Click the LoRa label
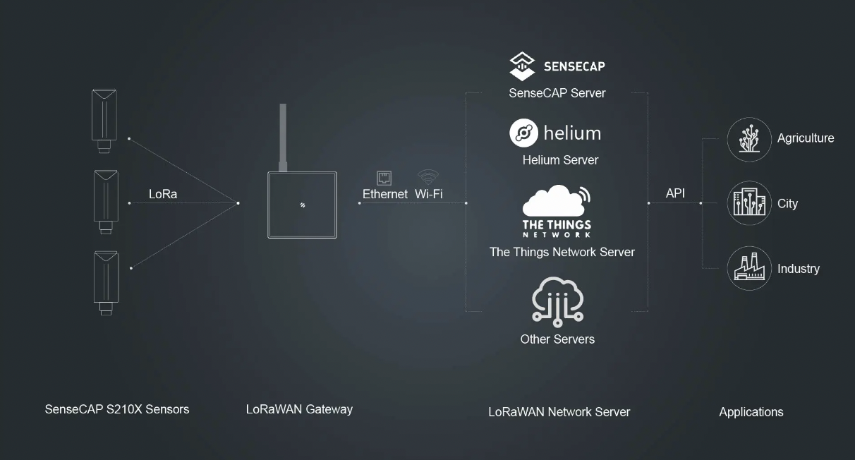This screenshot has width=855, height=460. (163, 194)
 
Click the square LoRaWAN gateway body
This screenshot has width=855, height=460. (302, 205)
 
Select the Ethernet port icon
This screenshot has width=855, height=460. (384, 177)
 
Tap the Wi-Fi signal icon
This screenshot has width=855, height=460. (428, 176)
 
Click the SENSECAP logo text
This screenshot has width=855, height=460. (574, 66)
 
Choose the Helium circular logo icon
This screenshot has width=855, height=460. (523, 133)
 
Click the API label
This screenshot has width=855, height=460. (675, 193)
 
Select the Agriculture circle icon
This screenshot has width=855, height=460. (749, 139)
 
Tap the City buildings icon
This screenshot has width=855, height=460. (749, 203)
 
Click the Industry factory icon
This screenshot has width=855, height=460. (749, 268)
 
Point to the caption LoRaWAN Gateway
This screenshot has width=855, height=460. (299, 409)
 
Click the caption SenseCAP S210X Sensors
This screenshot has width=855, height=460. (117, 409)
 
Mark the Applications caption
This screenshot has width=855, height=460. (751, 412)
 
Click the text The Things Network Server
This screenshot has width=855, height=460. (562, 252)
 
